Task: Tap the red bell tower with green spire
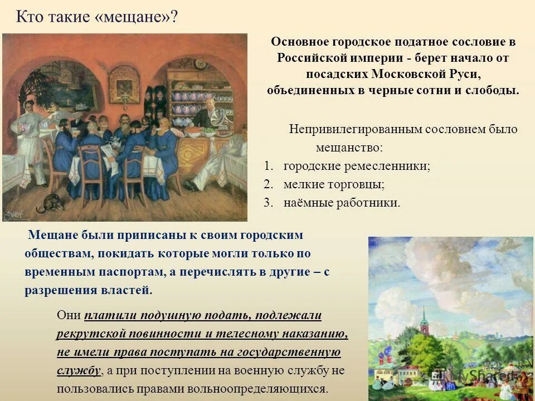425,323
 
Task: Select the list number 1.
269,166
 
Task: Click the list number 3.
269,202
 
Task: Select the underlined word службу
79,370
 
